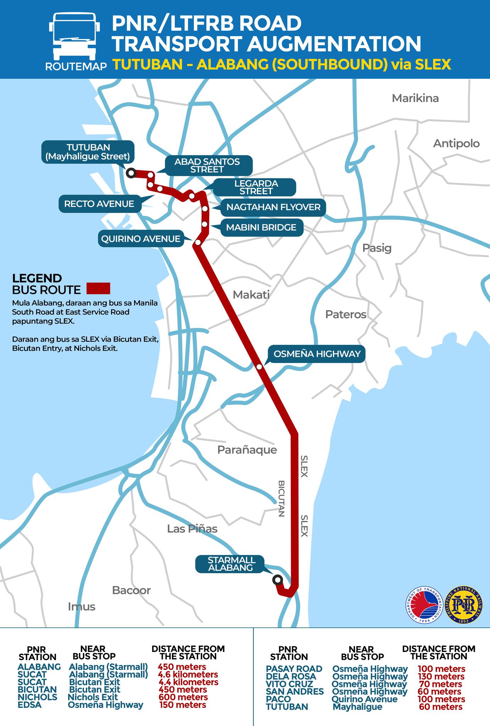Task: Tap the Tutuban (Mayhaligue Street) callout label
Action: tap(88, 152)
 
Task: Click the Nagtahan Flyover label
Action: tap(273, 207)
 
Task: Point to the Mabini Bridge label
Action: tap(261, 228)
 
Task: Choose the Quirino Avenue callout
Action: tap(141, 239)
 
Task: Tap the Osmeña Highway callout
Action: tap(317, 354)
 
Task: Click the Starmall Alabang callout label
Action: tap(231, 564)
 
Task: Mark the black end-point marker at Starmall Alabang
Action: tap(277, 580)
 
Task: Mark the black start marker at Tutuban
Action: tap(131, 173)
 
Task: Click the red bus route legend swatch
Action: tap(99, 288)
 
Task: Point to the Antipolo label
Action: tap(456, 144)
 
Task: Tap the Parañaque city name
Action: tap(247, 450)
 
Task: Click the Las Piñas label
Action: tap(192, 529)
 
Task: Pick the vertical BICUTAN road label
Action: tap(281, 498)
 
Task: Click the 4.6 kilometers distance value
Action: tap(188, 674)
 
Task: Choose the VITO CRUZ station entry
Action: tap(289, 684)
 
